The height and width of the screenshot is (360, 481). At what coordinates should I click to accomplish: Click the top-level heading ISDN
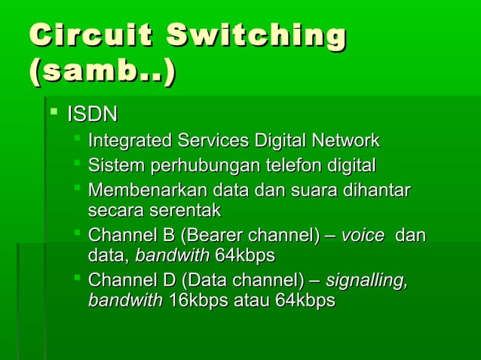click(93, 115)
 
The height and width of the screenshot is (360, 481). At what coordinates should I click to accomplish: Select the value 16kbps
click(198, 301)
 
